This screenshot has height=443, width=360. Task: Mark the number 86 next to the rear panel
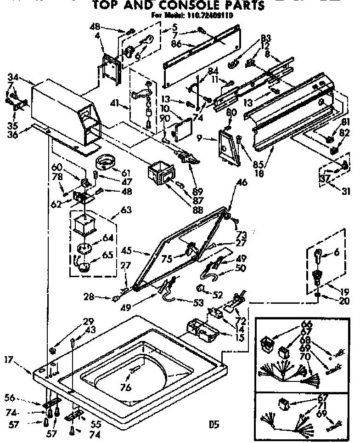(x=176, y=45)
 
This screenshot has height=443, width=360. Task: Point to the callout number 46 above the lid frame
(x=242, y=183)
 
